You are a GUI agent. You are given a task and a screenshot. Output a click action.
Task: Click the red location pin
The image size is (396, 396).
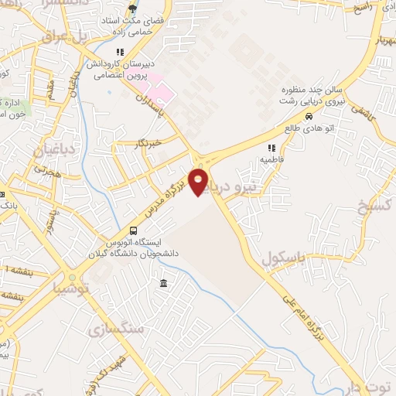point(200,181)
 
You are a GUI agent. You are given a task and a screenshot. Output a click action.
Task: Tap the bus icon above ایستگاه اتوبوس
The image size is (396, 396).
point(133,230)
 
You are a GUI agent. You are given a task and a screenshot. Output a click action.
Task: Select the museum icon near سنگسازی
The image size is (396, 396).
point(164,285)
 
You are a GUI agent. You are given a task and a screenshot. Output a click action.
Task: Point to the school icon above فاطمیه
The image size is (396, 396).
point(271,148)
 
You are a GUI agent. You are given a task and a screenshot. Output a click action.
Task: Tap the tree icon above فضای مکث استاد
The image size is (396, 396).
point(133,9)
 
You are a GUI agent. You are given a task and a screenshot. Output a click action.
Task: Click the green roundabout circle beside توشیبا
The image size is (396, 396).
point(72,277)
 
